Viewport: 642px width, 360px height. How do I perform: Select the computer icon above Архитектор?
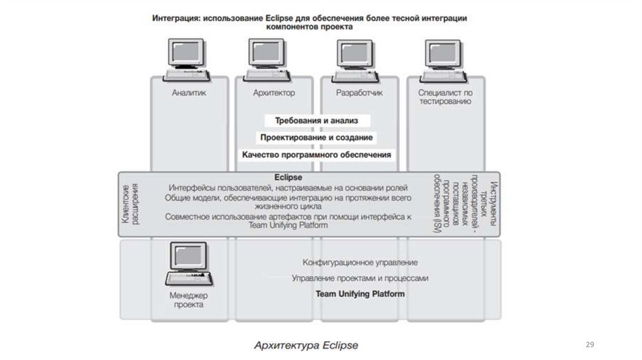(269, 58)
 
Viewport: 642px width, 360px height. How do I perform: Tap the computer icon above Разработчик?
(356, 58)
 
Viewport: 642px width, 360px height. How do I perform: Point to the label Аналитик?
(189, 93)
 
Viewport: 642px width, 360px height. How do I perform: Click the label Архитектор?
(273, 93)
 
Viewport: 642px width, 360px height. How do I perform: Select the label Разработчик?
(359, 93)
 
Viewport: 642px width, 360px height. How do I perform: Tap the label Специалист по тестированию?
(445, 97)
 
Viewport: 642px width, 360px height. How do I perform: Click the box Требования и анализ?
(316, 120)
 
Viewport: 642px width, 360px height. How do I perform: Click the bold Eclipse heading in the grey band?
(288, 177)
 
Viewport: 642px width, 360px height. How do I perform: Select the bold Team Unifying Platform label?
(360, 294)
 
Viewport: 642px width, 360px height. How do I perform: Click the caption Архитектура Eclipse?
(305, 345)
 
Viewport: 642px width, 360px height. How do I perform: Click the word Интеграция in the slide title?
(175, 19)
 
